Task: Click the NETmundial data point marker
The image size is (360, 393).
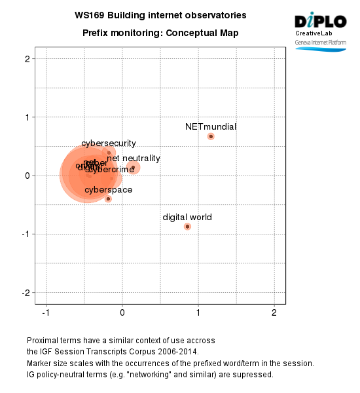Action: [211, 136]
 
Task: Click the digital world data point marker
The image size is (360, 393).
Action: [187, 227]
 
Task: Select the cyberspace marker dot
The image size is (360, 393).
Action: [108, 198]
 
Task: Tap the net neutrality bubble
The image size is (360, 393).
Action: [134, 168]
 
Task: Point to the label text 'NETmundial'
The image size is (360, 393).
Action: [211, 126]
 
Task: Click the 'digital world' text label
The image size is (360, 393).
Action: [187, 217]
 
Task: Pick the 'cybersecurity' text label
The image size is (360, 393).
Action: [109, 143]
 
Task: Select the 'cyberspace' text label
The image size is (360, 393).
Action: [109, 190]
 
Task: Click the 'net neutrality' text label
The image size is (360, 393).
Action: [134, 159]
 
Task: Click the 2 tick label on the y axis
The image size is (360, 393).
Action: [27, 59]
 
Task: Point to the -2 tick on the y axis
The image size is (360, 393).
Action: [26, 292]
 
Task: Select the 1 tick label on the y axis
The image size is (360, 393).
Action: [27, 117]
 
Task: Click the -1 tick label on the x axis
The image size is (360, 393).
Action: [45, 312]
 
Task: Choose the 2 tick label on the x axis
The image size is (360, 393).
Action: [274, 312]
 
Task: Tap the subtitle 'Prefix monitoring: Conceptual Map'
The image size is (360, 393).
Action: [160, 33]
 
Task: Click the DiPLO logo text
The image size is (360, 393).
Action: [320, 21]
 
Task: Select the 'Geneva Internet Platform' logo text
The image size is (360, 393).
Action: [321, 41]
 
